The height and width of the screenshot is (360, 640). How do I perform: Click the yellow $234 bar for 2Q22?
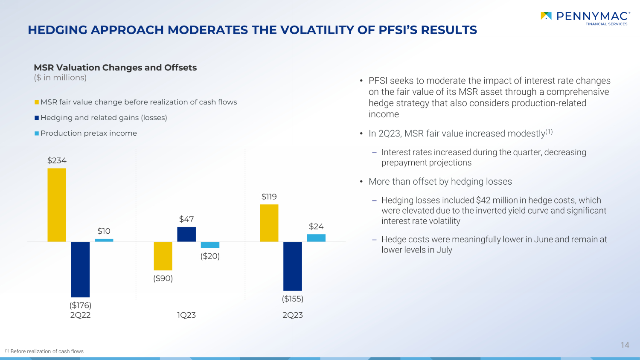57,205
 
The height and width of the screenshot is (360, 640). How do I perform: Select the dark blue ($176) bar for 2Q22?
80,270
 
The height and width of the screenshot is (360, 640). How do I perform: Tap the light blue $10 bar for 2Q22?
104,240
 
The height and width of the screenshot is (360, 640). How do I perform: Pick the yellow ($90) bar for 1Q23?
163,256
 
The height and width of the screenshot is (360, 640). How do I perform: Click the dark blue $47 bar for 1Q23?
186,234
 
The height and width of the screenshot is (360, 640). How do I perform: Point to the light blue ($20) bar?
210,245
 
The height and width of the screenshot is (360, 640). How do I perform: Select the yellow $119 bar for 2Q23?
269,223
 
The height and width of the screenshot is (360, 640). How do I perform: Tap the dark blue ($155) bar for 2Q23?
293,266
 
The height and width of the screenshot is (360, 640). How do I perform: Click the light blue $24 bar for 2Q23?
316,238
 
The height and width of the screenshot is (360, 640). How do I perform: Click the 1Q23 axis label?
186,315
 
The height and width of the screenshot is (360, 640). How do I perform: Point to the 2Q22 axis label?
80,315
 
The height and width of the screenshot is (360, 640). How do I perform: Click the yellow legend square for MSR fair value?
37,102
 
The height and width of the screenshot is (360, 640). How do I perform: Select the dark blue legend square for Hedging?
37,118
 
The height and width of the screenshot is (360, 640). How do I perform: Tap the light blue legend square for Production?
37,134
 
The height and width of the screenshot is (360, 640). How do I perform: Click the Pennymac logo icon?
546,16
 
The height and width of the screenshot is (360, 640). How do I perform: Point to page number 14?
625,345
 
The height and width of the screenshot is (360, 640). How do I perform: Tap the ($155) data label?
293,299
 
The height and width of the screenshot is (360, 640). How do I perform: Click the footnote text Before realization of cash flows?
47,351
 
